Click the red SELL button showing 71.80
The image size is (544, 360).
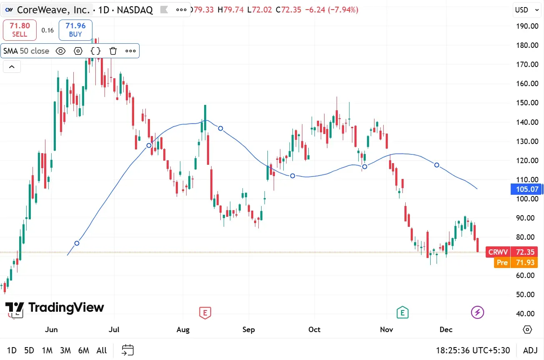[20, 30]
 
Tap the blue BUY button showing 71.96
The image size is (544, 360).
[75, 30]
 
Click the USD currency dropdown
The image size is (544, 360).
[526, 10]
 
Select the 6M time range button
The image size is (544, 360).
[84, 350]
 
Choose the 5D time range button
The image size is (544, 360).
[29, 350]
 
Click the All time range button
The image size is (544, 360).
[102, 350]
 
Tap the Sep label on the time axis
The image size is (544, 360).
[249, 330]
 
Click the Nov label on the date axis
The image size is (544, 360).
[387, 330]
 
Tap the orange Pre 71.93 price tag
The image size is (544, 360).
[516, 263]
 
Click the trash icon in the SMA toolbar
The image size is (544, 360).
[113, 51]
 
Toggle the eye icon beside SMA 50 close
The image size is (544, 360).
[60, 51]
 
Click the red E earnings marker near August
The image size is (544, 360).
[205, 312]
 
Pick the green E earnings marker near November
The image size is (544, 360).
[402, 312]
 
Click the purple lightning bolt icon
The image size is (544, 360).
[477, 312]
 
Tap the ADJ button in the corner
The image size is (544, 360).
[530, 350]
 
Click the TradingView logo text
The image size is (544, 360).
[66, 308]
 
